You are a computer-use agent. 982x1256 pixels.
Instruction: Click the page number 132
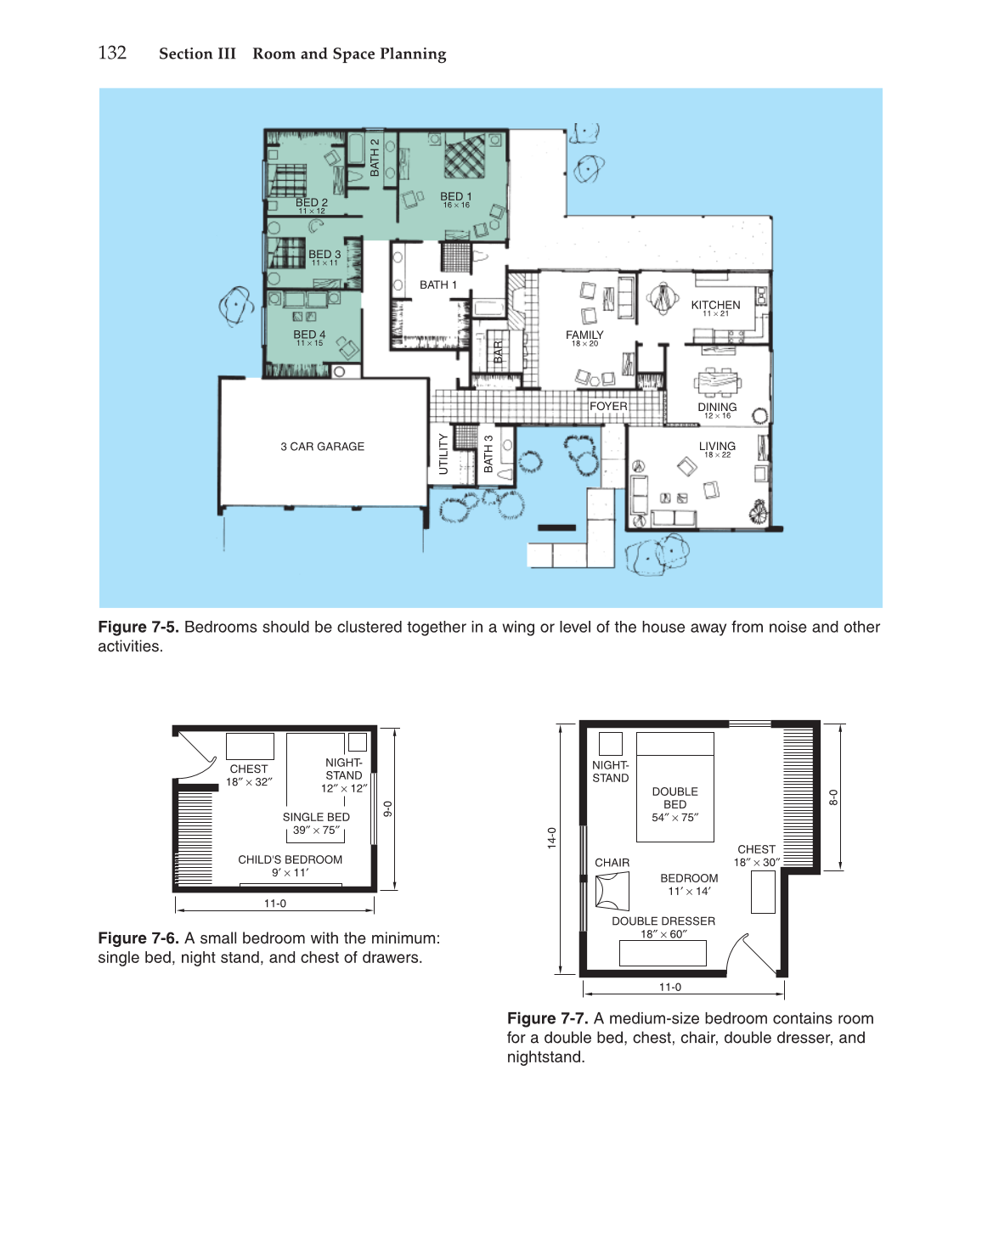112,54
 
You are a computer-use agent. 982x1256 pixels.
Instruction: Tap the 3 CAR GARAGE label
323,447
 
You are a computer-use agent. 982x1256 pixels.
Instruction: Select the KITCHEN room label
715,305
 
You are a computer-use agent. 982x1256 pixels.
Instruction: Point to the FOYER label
608,406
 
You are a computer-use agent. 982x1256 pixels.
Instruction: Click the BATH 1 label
438,285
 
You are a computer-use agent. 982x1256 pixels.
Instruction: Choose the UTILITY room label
443,453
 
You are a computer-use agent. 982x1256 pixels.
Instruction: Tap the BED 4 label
309,335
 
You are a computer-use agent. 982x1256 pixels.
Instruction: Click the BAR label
499,352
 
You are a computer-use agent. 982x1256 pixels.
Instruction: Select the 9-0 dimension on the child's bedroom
388,808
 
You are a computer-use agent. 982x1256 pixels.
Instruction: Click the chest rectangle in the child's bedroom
250,746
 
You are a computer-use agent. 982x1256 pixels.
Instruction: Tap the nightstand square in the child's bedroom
357,741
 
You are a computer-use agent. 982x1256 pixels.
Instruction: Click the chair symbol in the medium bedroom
612,891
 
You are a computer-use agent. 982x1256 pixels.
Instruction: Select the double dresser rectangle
663,953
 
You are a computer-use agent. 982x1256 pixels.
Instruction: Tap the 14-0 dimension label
552,837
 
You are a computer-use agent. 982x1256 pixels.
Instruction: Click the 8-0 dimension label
832,797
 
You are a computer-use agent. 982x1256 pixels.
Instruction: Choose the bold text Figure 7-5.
138,627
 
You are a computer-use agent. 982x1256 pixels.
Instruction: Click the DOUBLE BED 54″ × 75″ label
675,804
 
